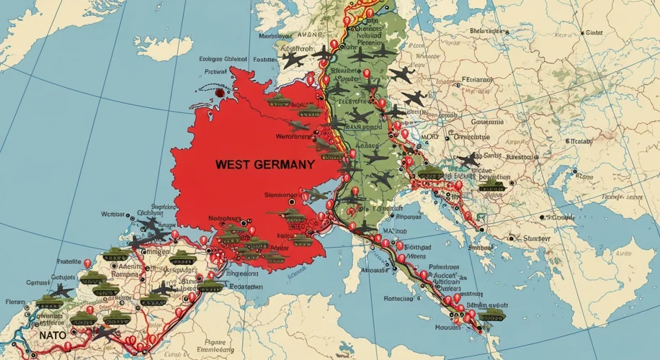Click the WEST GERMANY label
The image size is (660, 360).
pyautogui.click(x=264, y=164)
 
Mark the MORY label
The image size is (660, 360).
pyautogui.click(x=431, y=135)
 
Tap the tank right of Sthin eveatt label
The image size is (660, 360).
pyautogui.click(x=492, y=315)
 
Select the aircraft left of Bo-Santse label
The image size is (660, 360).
pyautogui.click(x=467, y=160)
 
